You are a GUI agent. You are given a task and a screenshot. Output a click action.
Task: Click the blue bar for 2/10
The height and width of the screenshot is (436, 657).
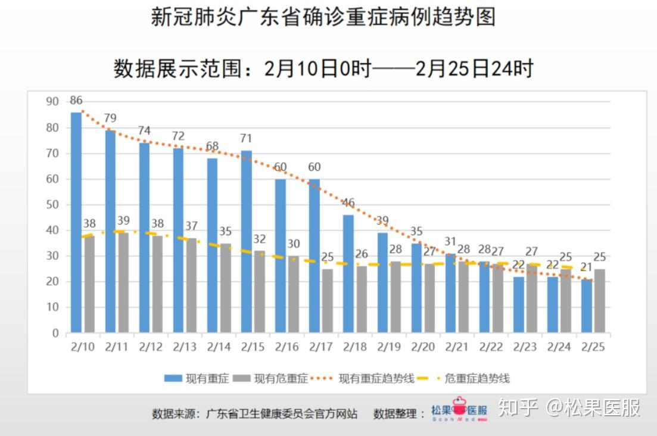click(76, 222)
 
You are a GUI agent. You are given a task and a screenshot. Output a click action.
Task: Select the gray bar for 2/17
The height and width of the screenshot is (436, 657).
click(327, 300)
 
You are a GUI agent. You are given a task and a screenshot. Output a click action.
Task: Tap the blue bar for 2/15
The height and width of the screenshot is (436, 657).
click(247, 241)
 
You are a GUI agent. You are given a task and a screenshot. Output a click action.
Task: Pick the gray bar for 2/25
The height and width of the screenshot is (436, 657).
click(600, 300)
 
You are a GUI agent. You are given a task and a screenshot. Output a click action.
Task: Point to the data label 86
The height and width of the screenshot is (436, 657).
click(76, 100)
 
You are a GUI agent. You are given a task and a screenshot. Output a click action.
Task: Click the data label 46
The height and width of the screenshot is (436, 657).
click(348, 203)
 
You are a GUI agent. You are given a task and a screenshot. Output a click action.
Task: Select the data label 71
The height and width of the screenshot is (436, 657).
click(247, 139)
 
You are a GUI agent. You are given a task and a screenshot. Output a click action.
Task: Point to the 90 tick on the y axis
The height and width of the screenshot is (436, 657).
click(52, 102)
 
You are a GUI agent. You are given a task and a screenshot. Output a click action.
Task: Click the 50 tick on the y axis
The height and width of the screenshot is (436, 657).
click(52, 205)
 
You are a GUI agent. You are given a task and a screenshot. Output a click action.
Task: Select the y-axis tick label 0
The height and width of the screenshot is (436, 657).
click(55, 334)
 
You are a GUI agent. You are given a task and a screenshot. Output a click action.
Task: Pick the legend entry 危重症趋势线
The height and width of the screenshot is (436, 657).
click(468, 378)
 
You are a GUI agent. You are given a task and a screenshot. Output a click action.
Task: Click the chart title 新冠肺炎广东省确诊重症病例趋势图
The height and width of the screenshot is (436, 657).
click(323, 17)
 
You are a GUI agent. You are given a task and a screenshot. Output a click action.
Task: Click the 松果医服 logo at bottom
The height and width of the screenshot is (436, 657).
click(459, 410)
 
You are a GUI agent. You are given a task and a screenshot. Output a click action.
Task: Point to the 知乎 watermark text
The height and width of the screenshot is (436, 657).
click(518, 409)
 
